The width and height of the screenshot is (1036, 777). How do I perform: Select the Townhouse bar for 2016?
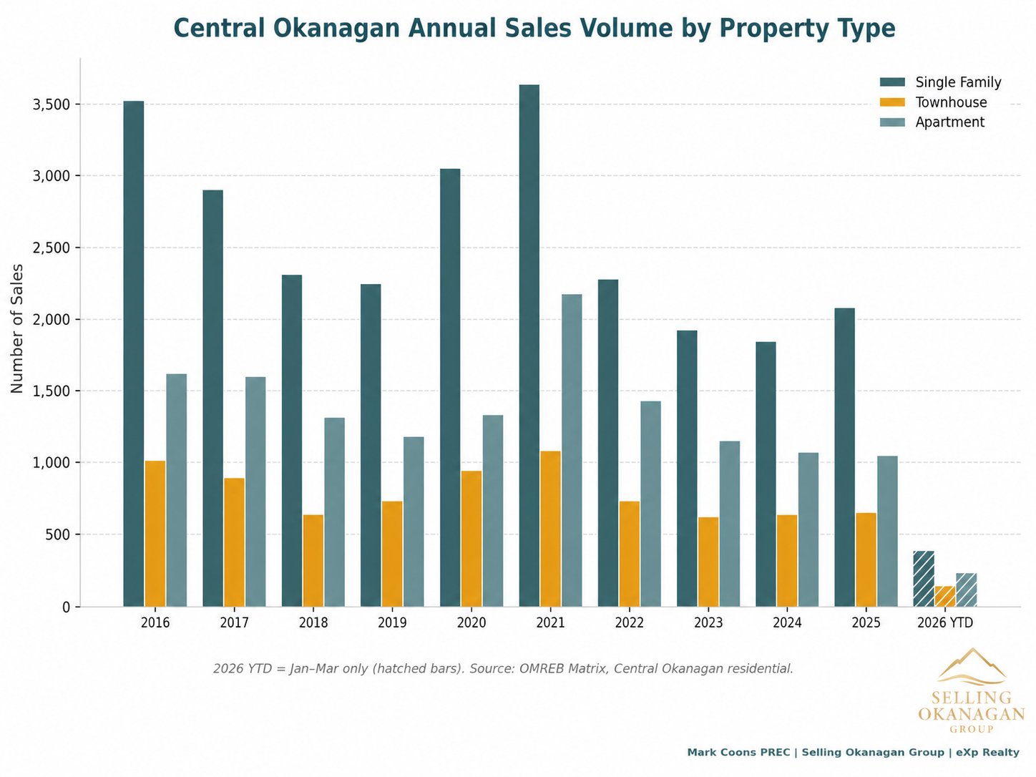pyautogui.click(x=155, y=534)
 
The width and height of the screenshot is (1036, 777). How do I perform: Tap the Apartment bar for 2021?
pyautogui.click(x=572, y=451)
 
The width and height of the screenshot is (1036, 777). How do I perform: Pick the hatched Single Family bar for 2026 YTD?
pyautogui.click(x=924, y=579)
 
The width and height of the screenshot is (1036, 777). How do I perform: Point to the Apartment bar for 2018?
pyautogui.click(x=334, y=512)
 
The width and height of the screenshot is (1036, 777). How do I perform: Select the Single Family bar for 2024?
pyautogui.click(x=766, y=474)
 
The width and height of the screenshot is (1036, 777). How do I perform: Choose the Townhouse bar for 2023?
pyautogui.click(x=708, y=562)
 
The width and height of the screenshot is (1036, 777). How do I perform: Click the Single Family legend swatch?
pyautogui.click(x=892, y=82)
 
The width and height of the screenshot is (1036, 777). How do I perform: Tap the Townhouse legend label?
pyautogui.click(x=951, y=102)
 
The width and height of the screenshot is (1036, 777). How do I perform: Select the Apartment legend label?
pyautogui.click(x=949, y=122)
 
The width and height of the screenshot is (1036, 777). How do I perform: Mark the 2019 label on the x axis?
pyautogui.click(x=392, y=622)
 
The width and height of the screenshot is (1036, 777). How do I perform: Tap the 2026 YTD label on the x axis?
pyautogui.click(x=945, y=622)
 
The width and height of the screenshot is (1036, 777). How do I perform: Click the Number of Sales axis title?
pyautogui.click(x=17, y=328)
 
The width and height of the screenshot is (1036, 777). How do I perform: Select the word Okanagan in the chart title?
pyautogui.click(x=333, y=29)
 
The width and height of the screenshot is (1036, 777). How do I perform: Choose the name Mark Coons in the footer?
pyautogui.click(x=718, y=752)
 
